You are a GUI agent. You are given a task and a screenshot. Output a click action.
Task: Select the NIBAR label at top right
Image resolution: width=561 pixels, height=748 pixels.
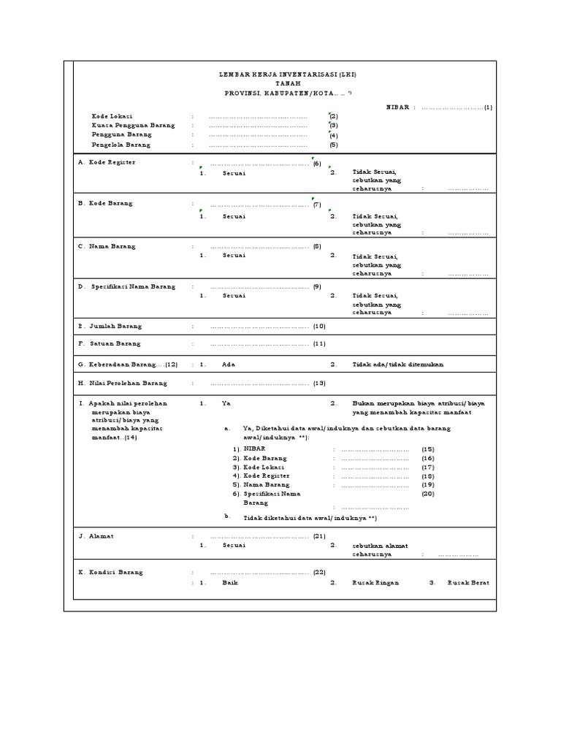[x=398, y=107]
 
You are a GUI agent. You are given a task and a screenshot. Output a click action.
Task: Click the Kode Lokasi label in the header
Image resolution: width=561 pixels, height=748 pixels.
[x=112, y=116]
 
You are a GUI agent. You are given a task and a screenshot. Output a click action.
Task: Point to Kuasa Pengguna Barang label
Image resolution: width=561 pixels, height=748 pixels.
[x=134, y=126]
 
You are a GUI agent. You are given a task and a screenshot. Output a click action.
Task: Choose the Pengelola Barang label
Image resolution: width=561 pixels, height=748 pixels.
[x=122, y=145]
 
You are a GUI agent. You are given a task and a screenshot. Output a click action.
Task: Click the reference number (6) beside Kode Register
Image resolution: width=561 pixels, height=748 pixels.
[x=317, y=164]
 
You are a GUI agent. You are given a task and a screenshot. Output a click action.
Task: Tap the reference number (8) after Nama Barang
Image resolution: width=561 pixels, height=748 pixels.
[x=317, y=247]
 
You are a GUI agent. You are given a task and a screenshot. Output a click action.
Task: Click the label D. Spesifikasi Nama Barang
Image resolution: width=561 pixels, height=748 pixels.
[x=127, y=287]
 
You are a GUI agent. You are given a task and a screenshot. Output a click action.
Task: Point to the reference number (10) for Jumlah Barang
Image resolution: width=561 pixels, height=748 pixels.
[x=319, y=327]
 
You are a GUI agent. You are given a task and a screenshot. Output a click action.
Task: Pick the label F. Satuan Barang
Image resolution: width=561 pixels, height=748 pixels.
[x=110, y=343]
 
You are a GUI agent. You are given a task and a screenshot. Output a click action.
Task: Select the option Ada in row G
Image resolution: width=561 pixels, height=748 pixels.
[x=228, y=364]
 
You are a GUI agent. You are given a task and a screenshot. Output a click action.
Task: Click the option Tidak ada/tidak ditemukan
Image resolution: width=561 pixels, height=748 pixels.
[x=398, y=364]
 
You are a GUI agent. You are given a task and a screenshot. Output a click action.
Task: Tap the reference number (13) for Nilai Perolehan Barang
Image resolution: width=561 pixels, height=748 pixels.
[x=319, y=383]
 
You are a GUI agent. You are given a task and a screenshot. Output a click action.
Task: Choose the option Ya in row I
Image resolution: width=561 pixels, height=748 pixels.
[x=226, y=403]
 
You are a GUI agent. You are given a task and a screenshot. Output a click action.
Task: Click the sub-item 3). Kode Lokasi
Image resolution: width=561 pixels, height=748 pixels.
[x=259, y=466]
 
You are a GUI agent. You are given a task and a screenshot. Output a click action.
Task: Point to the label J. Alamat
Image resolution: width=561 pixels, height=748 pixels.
[x=96, y=536]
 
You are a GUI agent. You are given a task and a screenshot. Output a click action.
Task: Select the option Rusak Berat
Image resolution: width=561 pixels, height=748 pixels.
[x=468, y=583]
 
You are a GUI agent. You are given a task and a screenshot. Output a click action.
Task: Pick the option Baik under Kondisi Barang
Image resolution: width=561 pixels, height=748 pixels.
[x=230, y=583]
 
